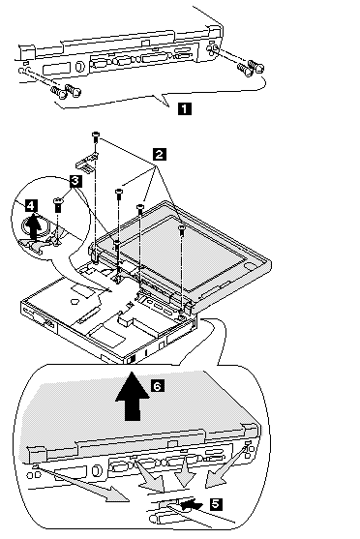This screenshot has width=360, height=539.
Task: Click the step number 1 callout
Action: tap(185, 109)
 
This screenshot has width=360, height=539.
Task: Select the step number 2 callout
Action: tap(159, 154)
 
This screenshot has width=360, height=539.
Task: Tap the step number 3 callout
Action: tap(75, 180)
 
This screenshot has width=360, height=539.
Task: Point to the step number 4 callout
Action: tap(31, 206)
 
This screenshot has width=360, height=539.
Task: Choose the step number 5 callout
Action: tap(216, 504)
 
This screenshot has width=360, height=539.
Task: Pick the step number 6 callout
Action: tap(157, 386)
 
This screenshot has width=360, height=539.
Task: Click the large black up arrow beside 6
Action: tap(133, 396)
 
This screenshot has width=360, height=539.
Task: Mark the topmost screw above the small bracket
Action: tap(95, 137)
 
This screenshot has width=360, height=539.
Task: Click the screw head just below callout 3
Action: tap(58, 203)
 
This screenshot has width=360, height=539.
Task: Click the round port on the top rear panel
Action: tap(79, 66)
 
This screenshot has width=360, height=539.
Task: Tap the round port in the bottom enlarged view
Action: tap(98, 470)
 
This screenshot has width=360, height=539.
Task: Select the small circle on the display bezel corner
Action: tap(249, 265)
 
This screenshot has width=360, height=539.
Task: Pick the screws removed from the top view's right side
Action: tap(251, 68)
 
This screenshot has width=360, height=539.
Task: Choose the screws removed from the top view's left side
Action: tap(67, 91)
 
